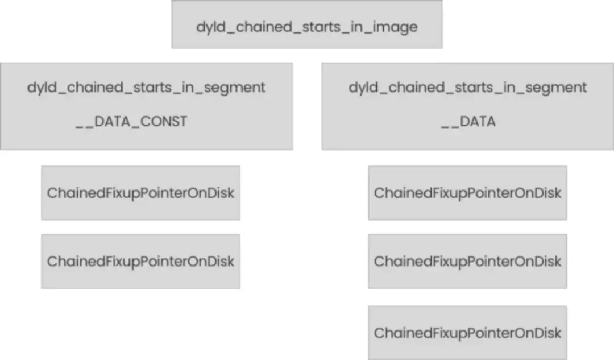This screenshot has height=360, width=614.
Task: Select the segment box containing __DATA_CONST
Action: click(x=146, y=136)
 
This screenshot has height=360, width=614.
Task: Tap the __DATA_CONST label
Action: click(x=131, y=121)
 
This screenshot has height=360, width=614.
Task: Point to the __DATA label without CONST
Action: click(x=468, y=121)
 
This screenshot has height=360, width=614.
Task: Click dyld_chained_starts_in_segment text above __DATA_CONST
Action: click(x=146, y=88)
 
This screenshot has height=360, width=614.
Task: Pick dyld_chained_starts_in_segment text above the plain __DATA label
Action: click(x=467, y=88)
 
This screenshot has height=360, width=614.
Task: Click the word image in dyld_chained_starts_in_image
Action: click(x=395, y=27)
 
